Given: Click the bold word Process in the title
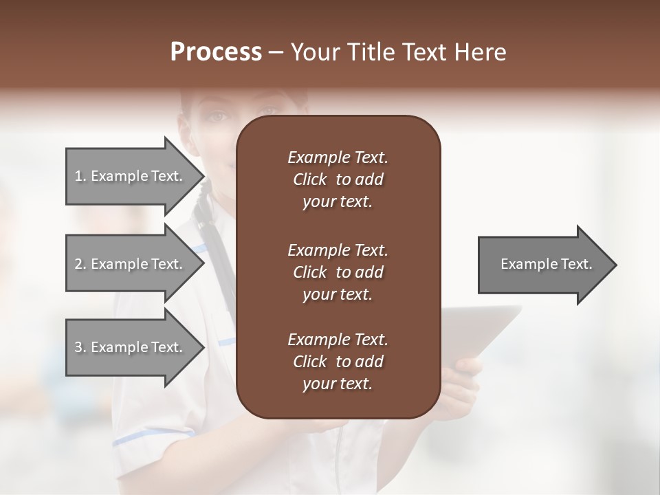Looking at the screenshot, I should pos(216,52).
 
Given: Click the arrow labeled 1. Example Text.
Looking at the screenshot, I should pos(131,176).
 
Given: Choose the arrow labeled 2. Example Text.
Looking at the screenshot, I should pos(131,264).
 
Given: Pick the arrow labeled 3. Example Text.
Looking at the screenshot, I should pos(131,347).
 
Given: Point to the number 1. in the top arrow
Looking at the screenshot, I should pos(80,176).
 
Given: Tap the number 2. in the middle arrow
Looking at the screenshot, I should pos(80,264).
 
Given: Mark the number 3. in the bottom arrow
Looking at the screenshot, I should pos(80,347).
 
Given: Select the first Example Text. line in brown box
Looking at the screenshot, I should pos(338,157).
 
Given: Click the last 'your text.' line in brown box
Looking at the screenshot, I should pos(338,384).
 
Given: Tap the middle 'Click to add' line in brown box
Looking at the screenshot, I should pos(338,272).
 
